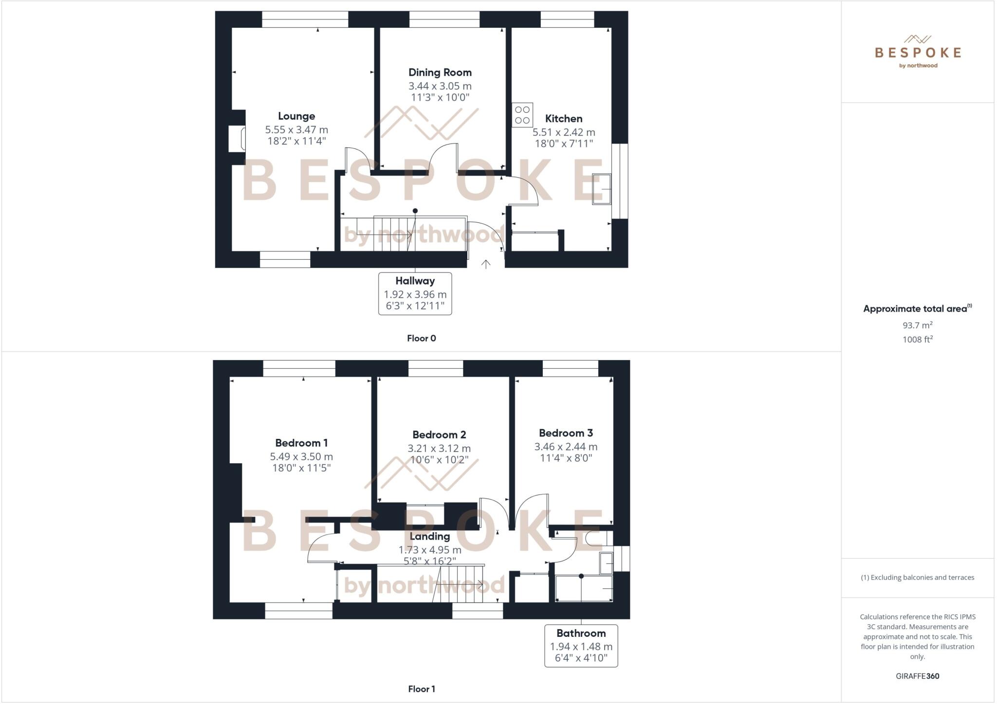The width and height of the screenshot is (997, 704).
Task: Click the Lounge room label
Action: tap(296, 116)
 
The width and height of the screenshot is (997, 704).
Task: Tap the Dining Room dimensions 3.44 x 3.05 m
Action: tap(440, 86)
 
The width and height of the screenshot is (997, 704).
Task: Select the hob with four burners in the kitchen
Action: tap(522, 115)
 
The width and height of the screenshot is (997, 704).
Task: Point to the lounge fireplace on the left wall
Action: tap(237, 139)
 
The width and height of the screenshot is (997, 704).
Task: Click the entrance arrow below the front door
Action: tap(485, 264)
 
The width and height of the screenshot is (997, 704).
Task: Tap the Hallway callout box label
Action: tap(415, 281)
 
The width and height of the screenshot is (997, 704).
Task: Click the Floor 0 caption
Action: tap(421, 338)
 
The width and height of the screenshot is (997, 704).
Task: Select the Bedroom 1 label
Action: tap(301, 443)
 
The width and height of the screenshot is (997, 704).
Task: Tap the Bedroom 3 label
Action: tap(566, 433)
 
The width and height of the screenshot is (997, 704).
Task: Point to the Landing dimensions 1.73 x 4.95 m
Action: tap(429, 550)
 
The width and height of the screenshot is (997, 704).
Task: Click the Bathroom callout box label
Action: tap(581, 633)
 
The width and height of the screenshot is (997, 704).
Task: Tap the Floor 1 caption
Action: tap(421, 689)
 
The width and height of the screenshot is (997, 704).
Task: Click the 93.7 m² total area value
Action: tap(917, 325)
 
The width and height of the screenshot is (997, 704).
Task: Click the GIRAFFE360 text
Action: tap(917, 676)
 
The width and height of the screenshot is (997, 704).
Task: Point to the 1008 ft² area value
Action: tap(917, 340)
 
